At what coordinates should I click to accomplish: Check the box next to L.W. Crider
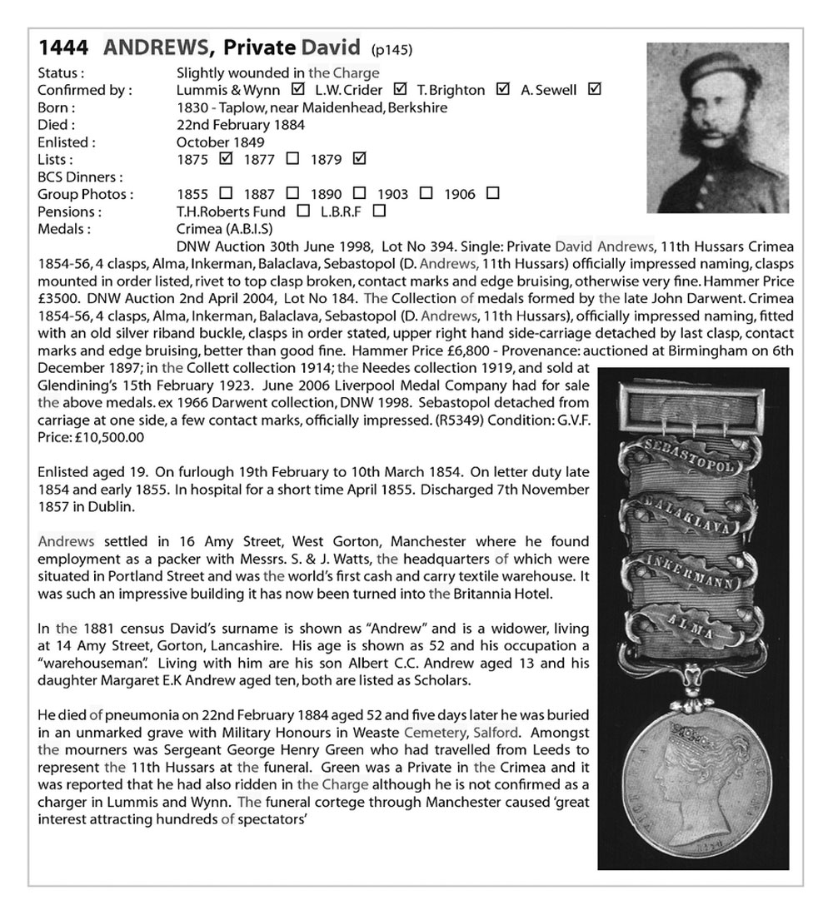point(400,89)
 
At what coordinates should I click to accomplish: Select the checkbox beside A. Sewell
point(594,89)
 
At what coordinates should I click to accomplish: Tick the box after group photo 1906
point(492,193)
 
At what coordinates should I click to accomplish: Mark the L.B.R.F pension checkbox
point(380,211)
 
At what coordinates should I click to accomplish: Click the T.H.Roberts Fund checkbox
point(304,211)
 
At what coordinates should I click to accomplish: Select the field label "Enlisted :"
point(67,142)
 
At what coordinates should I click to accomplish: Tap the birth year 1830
point(194,107)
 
